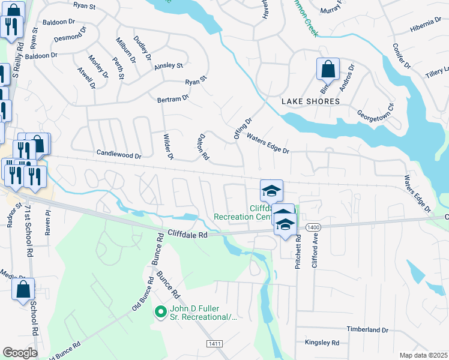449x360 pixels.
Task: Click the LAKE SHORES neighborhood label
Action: (x=310, y=101)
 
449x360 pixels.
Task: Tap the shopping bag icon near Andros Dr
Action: (x=328, y=69)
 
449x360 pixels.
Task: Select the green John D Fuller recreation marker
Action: (x=160, y=312)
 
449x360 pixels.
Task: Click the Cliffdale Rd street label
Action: (x=187, y=235)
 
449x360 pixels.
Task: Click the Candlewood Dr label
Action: (x=119, y=155)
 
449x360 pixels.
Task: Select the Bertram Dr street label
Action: (x=173, y=97)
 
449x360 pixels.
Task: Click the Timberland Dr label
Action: (x=367, y=330)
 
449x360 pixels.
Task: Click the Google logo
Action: (x=20, y=353)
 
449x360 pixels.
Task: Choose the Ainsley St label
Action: (x=169, y=65)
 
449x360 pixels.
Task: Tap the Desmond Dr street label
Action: (x=71, y=37)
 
